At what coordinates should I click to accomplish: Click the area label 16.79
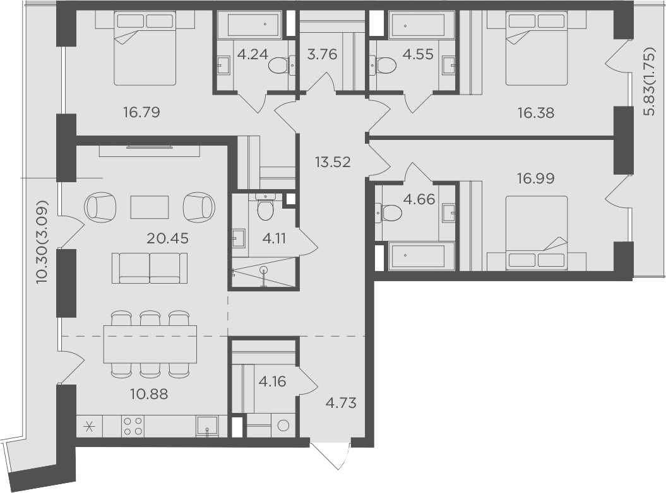[141, 112]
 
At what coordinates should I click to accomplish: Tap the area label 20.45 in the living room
[167, 238]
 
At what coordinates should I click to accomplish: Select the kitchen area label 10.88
[149, 394]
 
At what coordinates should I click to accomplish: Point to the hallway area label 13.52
[333, 161]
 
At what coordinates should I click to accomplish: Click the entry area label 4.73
[341, 403]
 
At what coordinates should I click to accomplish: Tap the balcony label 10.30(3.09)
[42, 242]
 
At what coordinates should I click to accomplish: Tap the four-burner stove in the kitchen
[133, 426]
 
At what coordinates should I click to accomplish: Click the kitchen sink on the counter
[207, 426]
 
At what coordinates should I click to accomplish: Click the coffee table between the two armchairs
[150, 207]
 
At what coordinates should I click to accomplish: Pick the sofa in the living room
[150, 268]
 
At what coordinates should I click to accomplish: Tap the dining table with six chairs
[150, 344]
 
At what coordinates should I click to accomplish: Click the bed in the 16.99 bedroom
[537, 233]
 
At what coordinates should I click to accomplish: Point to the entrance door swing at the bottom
[331, 456]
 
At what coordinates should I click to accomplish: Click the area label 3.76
[323, 54]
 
